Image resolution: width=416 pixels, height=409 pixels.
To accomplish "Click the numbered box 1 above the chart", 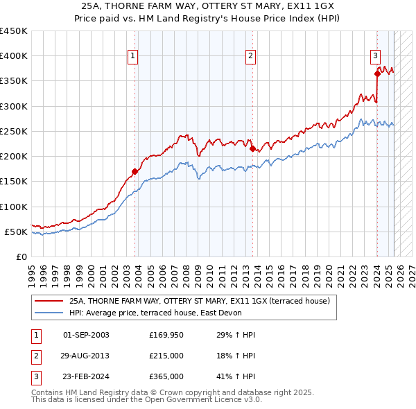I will [132, 57].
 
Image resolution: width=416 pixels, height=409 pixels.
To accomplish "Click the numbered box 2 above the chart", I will [250, 57].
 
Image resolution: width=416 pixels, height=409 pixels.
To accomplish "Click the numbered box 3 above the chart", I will [374, 57].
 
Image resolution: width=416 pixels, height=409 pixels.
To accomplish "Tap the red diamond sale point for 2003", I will [135, 171].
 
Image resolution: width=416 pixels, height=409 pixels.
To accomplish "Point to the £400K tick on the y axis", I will [15, 56].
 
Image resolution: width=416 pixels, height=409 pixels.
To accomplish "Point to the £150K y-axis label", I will [15, 182].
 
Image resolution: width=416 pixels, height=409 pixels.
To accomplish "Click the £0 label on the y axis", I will [23, 256].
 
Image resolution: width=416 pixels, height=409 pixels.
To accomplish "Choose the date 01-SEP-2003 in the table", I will [86, 336].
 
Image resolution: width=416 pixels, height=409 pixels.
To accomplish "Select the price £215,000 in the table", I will [166, 356].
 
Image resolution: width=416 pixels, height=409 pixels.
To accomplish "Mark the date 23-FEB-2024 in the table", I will [86, 376].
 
